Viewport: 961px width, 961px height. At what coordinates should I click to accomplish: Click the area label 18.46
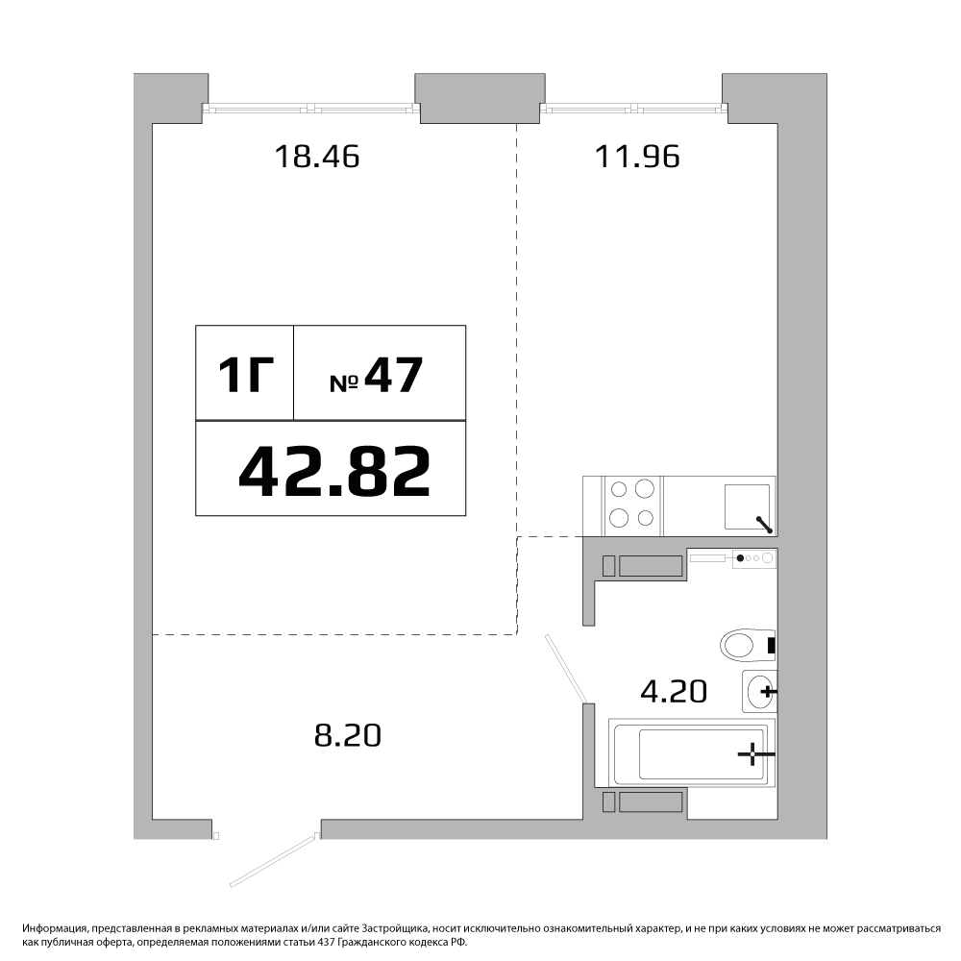click(x=317, y=156)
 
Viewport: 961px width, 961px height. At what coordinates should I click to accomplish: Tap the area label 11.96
click(x=637, y=156)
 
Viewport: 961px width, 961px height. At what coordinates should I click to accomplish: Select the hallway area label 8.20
click(x=348, y=735)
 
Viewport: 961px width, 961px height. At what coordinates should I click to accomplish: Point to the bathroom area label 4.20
click(x=674, y=691)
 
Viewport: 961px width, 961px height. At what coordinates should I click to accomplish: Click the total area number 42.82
click(x=334, y=471)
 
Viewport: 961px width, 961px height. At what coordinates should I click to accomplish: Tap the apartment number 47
click(x=393, y=375)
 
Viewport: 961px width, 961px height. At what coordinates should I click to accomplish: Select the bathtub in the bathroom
click(x=693, y=752)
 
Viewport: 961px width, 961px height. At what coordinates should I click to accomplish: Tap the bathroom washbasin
click(x=759, y=691)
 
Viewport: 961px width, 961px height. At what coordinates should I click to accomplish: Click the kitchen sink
click(x=748, y=506)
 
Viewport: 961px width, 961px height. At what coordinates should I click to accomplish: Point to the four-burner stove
click(x=632, y=505)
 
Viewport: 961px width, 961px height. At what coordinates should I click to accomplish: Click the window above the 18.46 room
click(x=311, y=109)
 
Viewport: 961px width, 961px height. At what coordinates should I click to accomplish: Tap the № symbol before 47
click(x=344, y=383)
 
